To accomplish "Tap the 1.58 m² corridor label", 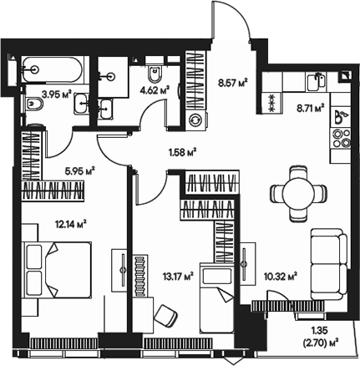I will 181,152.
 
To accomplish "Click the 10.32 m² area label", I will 280,274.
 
